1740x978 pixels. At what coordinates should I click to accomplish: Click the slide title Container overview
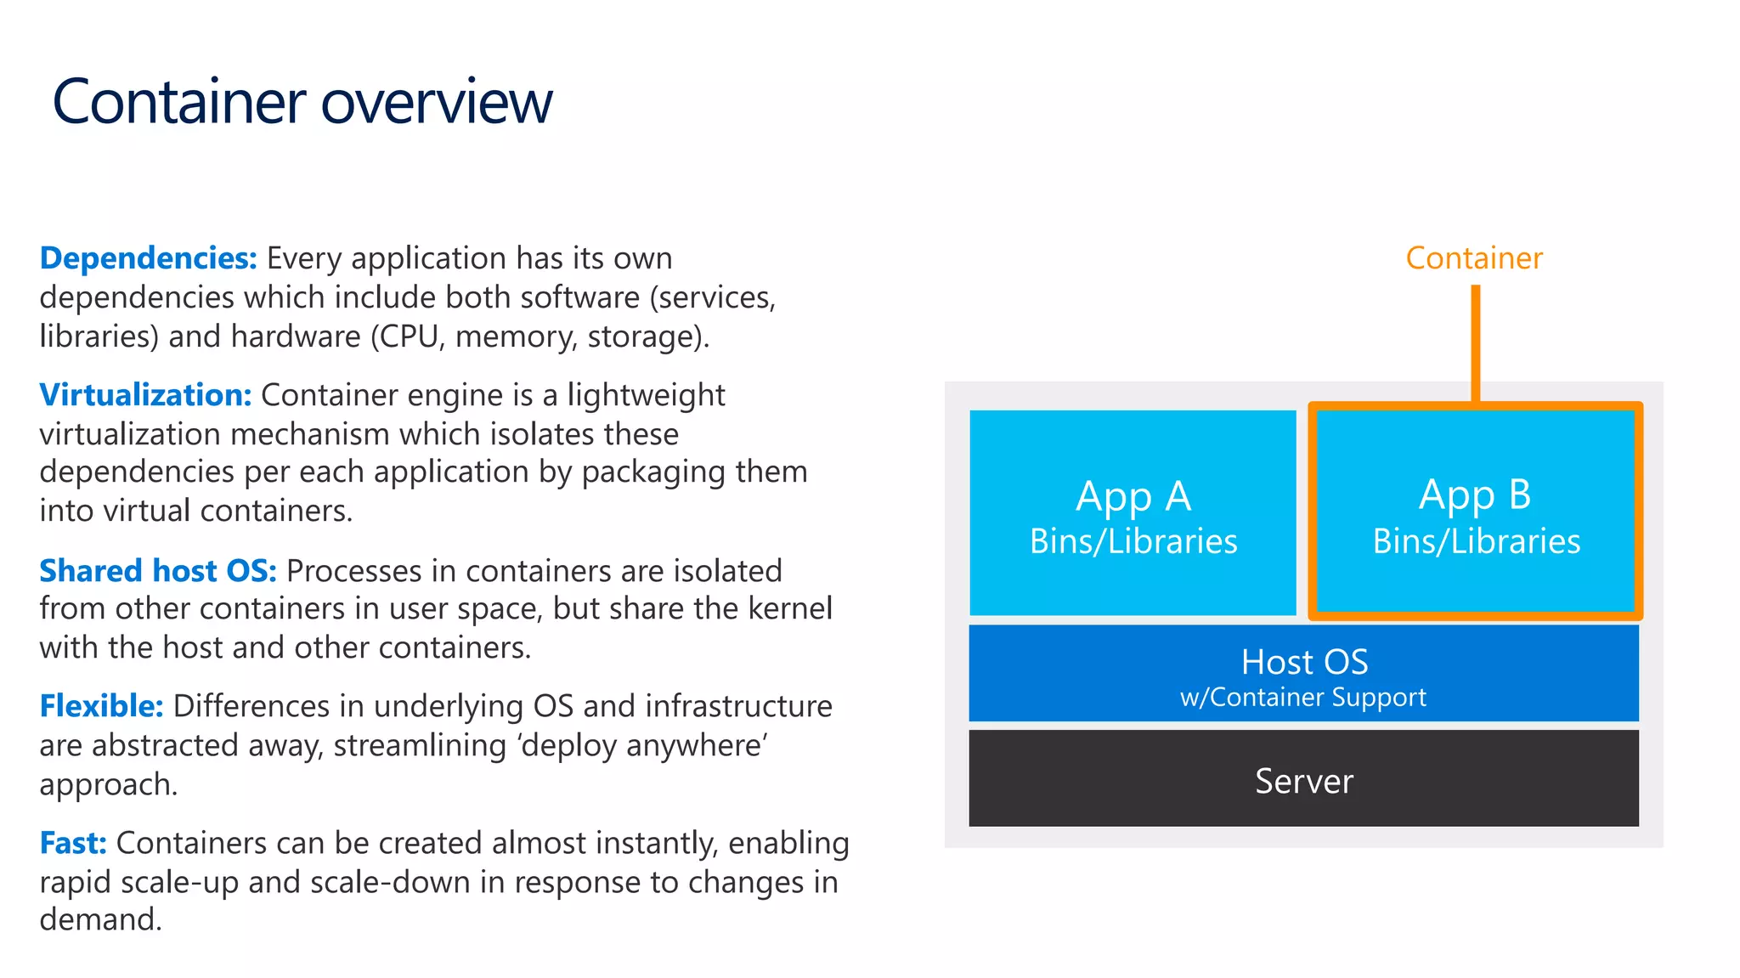click(302, 102)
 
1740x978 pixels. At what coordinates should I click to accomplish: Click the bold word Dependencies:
click(148, 258)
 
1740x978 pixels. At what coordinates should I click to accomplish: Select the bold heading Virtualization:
click(145, 395)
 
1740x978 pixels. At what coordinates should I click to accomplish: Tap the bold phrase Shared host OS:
click(158, 571)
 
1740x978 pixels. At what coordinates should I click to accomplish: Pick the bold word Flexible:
click(101, 706)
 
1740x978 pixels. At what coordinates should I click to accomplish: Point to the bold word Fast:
click(73, 843)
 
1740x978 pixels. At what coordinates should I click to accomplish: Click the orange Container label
click(1474, 258)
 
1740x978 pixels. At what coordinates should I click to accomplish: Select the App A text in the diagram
click(1133, 496)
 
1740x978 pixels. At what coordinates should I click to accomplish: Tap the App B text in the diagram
click(1475, 495)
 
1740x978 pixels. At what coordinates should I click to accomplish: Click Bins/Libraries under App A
click(1133, 542)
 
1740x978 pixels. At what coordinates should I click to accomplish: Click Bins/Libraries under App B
click(1477, 542)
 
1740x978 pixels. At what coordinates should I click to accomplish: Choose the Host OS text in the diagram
click(1304, 662)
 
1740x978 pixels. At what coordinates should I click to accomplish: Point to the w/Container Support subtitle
click(1303, 698)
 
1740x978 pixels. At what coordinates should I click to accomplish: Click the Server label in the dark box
click(1304, 781)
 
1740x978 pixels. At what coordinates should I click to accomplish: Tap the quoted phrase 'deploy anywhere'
click(643, 746)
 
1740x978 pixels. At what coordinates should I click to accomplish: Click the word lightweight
click(646, 396)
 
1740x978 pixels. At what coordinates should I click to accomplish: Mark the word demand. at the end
click(100, 920)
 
